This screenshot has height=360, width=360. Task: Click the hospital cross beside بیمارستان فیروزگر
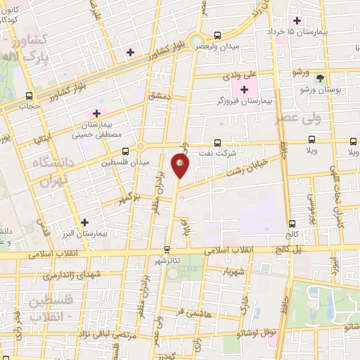245,89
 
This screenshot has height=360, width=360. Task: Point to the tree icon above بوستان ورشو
321,77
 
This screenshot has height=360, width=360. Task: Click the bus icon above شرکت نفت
217,142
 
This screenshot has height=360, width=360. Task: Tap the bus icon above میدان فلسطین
125,150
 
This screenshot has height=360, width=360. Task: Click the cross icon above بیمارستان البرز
86,221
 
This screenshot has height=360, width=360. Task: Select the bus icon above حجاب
29,96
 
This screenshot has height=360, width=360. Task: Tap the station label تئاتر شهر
166,260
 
